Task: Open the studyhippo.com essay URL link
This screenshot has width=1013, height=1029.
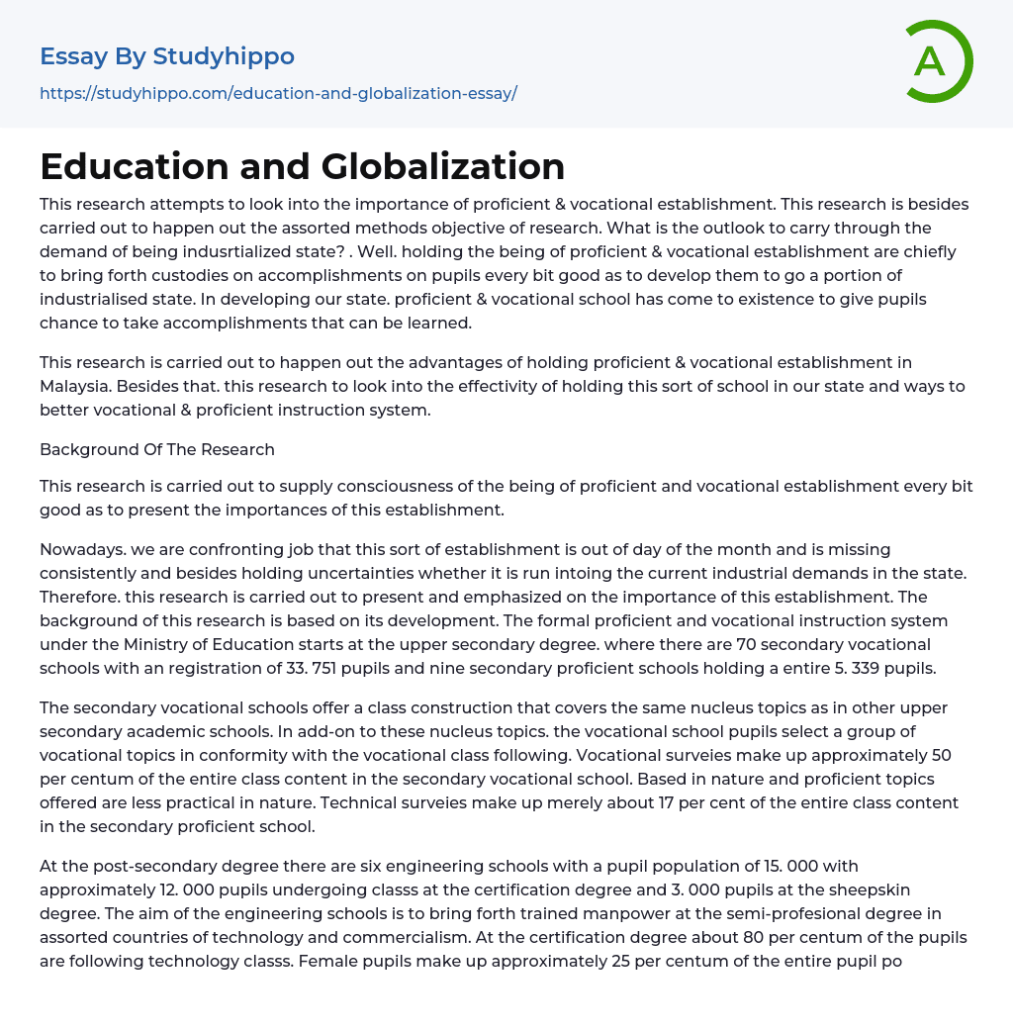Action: [x=278, y=93]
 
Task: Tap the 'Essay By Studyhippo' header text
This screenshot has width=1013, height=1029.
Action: [x=167, y=56]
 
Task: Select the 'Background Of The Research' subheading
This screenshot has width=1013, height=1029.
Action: [x=157, y=449]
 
